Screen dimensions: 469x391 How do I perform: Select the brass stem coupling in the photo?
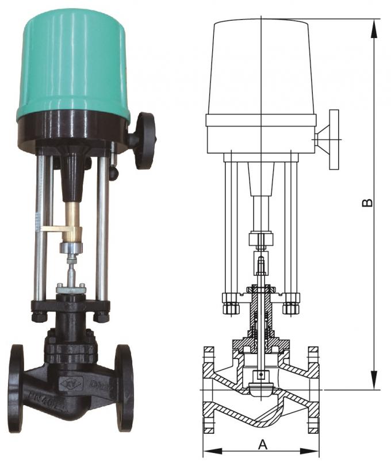click(72, 219)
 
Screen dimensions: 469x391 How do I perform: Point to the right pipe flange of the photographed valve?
click(124, 387)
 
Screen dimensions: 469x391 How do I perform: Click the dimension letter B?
click(369, 203)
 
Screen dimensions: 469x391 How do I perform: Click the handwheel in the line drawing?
click(332, 139)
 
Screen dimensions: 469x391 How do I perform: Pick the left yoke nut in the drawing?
click(231, 303)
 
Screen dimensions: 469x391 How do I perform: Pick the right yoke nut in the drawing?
click(292, 303)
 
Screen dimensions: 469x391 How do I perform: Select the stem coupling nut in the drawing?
click(261, 239)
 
